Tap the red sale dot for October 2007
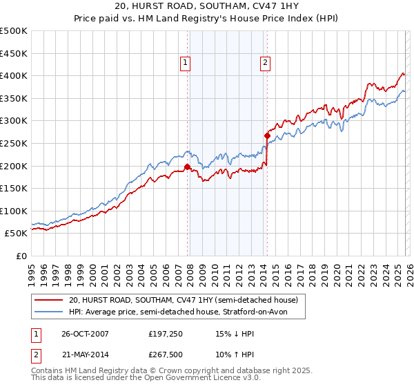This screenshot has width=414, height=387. (x=187, y=167)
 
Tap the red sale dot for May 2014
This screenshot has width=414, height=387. (x=266, y=135)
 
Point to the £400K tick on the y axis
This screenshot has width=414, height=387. (x=15, y=76)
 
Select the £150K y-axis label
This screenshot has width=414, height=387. (x=15, y=188)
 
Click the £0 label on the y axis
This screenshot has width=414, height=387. (x=21, y=256)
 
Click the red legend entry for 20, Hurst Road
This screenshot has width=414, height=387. (x=183, y=300)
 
